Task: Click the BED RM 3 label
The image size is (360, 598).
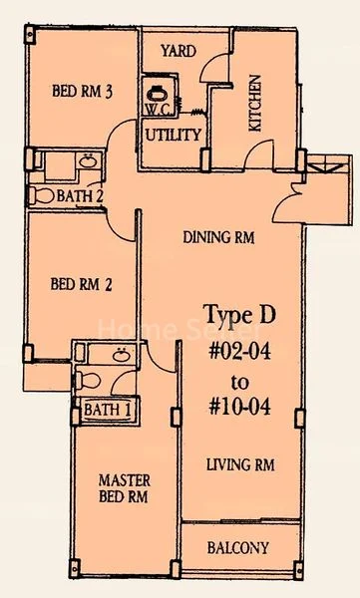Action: (x=81, y=93)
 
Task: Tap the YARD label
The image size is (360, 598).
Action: (x=178, y=51)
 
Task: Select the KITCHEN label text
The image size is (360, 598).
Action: (x=253, y=104)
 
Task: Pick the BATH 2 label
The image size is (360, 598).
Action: (x=80, y=196)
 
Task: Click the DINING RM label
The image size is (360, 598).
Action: (x=221, y=238)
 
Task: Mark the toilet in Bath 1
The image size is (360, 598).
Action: (x=87, y=380)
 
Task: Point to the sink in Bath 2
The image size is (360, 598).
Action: (x=88, y=160)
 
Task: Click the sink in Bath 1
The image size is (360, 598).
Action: (x=121, y=354)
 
